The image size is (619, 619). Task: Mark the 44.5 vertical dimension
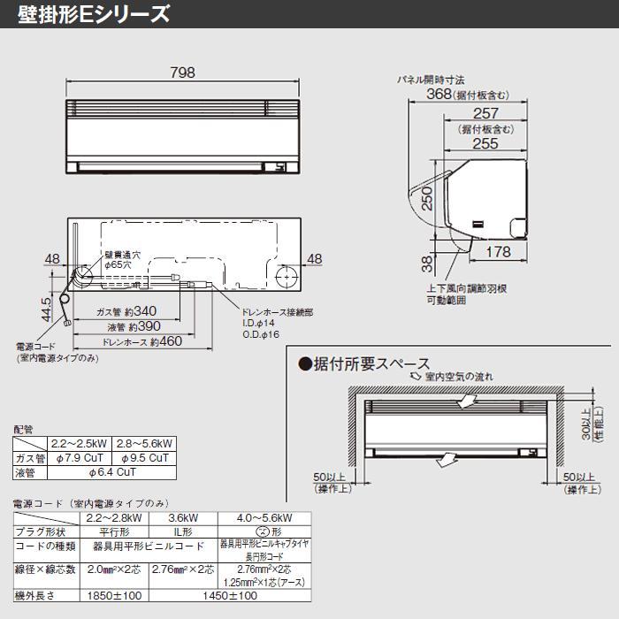[45, 309]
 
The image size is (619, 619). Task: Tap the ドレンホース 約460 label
[141, 341]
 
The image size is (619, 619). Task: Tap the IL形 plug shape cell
[181, 531]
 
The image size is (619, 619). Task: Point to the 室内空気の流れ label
[459, 377]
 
